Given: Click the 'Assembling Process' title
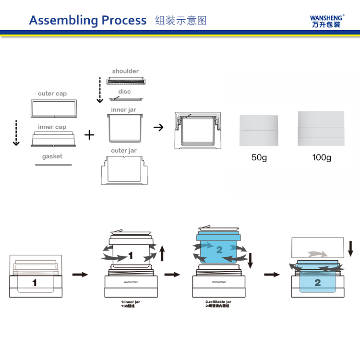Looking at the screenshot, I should (88, 20).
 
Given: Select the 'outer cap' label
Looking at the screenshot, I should (52, 94).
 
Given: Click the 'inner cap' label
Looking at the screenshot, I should (52, 127).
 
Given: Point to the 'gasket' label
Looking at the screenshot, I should (52, 156).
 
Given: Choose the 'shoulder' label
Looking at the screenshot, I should (125, 71).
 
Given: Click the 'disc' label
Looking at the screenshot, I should (124, 91).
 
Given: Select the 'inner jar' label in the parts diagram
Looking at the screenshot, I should (123, 110).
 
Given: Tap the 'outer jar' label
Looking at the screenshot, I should (124, 151).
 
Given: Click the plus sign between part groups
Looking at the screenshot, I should (89, 135).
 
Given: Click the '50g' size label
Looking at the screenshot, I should (259, 157).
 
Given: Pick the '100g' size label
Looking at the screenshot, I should (322, 157).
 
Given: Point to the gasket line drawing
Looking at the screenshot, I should (53, 165).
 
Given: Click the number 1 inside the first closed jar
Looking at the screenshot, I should (35, 283).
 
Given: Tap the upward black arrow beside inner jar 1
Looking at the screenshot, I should (162, 252).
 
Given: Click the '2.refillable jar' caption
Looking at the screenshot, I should (218, 301).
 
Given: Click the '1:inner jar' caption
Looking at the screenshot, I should (131, 301).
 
